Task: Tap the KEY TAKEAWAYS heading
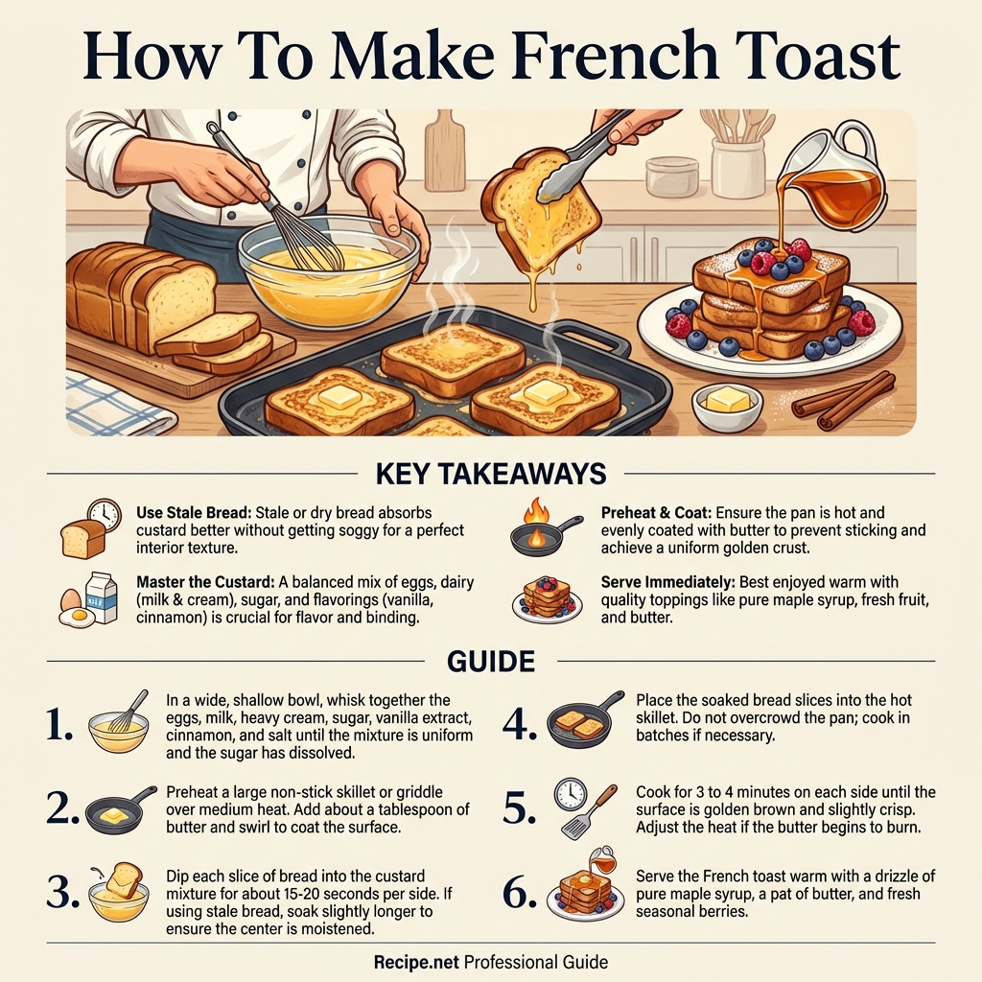click(x=491, y=474)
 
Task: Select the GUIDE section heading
click(x=491, y=661)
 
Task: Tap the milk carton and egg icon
click(x=89, y=602)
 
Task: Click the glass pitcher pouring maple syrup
click(x=834, y=177)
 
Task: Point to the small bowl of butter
click(x=727, y=404)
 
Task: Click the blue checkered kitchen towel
click(x=115, y=403)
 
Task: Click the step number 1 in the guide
click(x=59, y=726)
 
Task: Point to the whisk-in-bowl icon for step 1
click(x=120, y=725)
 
